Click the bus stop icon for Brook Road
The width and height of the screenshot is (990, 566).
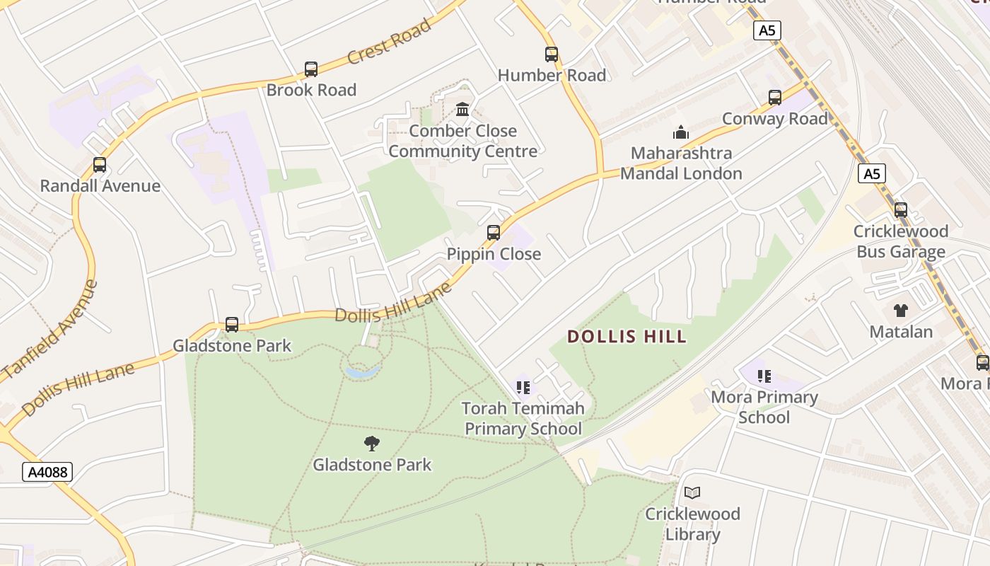pyautogui.click(x=311, y=69)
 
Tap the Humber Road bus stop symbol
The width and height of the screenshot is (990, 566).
pyautogui.click(x=552, y=54)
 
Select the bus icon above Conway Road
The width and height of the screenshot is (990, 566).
pyautogui.click(x=775, y=98)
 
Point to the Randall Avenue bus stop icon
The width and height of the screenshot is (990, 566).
pyautogui.click(x=100, y=165)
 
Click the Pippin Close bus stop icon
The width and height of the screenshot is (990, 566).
pyautogui.click(x=494, y=233)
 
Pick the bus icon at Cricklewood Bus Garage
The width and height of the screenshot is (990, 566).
pyautogui.click(x=901, y=210)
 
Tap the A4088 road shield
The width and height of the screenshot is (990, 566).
pyautogui.click(x=47, y=472)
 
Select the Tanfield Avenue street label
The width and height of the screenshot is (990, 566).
pyautogui.click(x=50, y=328)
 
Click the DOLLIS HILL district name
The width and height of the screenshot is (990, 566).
pyautogui.click(x=627, y=337)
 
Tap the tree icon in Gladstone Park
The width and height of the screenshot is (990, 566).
pyautogui.click(x=372, y=444)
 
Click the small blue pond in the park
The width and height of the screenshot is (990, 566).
pyautogui.click(x=362, y=371)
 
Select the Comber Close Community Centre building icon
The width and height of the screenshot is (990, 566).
pyautogui.click(x=463, y=110)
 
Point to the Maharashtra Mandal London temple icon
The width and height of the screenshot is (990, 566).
pyautogui.click(x=681, y=132)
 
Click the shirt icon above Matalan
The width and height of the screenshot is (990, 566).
pyautogui.click(x=901, y=310)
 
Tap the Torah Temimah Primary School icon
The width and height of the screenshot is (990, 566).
pyautogui.click(x=523, y=387)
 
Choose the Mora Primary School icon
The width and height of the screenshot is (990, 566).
pyautogui.click(x=764, y=376)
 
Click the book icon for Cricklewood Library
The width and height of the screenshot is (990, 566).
pyautogui.click(x=692, y=492)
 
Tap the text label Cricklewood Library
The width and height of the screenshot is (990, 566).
pyautogui.click(x=692, y=524)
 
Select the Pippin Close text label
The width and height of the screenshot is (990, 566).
pyautogui.click(x=494, y=254)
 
